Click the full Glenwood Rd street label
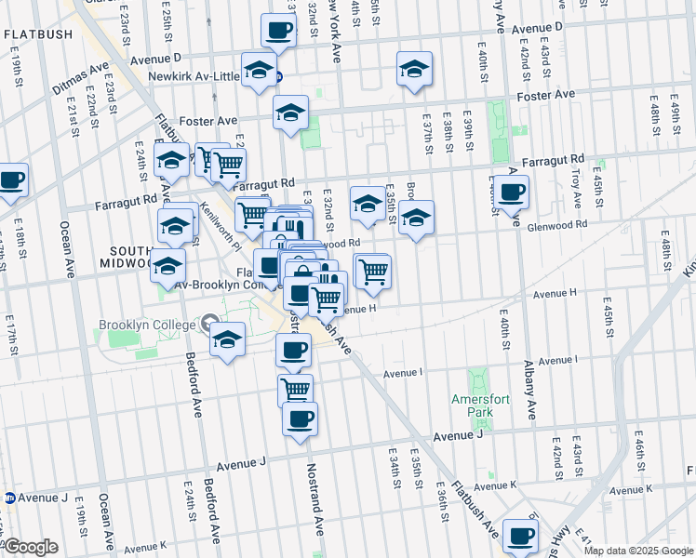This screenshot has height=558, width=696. point(556,223)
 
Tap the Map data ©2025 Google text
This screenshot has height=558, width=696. point(638,551)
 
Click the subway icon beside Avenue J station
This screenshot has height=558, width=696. point(10,498)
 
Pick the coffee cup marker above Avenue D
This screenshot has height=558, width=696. point(278,31)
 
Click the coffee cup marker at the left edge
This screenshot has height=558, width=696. point(11,179)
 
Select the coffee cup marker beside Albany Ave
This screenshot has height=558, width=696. point(511,193)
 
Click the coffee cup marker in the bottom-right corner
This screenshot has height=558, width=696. point(520,535)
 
